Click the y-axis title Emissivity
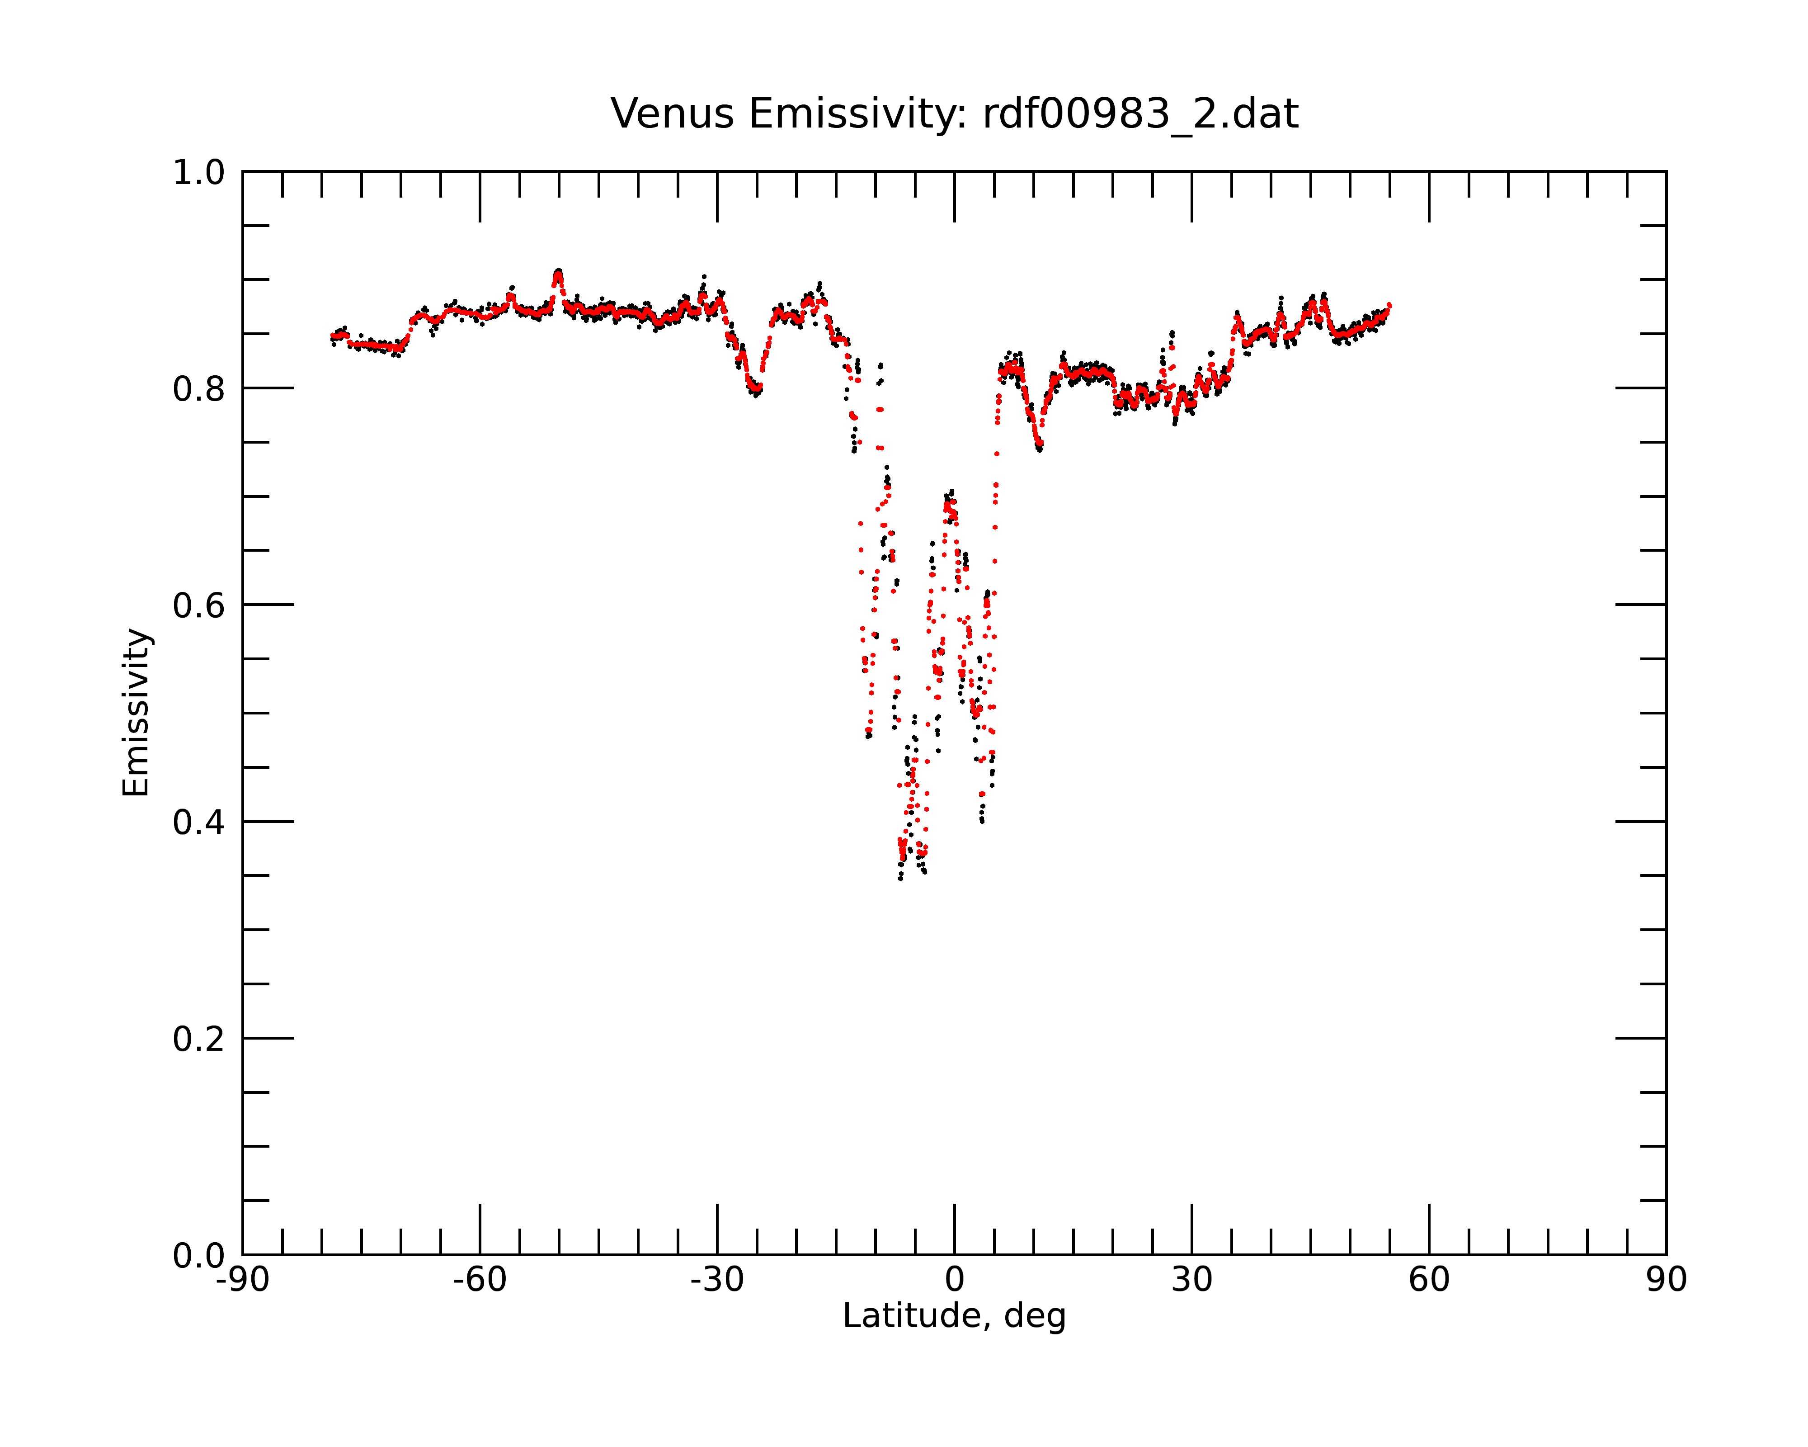tap(136, 712)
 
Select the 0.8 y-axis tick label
tap(199, 389)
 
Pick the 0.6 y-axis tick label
tap(199, 605)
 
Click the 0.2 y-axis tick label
tap(199, 1039)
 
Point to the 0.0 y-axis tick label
tap(199, 1256)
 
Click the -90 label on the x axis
tap(242, 1280)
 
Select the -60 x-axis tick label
tap(480, 1280)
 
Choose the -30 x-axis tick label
tap(717, 1280)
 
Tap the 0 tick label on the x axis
tap(954, 1280)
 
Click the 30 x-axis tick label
tap(1191, 1280)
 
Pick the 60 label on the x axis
tap(1429, 1280)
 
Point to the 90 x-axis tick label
tap(1666, 1280)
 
